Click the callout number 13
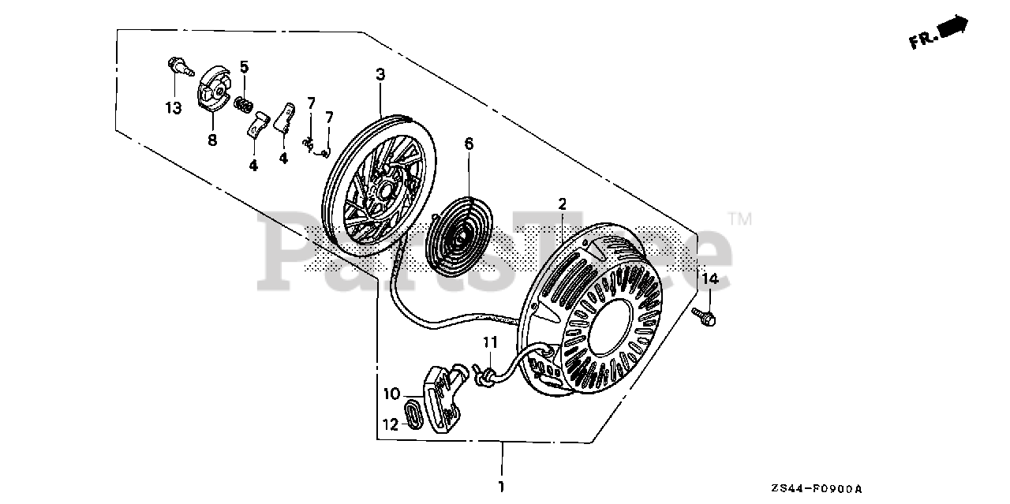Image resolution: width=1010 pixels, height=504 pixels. [x=173, y=107]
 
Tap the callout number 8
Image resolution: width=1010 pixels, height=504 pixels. [x=211, y=140]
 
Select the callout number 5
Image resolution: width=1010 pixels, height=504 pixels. [x=245, y=67]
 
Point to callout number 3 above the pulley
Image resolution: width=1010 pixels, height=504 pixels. [x=380, y=75]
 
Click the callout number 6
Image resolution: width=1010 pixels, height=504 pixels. [x=469, y=144]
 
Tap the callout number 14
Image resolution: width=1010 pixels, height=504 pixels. [x=710, y=278]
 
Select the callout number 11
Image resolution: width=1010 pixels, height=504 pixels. [x=490, y=342]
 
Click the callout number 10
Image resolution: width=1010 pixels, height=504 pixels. [x=392, y=394]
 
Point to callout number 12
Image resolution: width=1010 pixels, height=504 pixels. [x=391, y=424]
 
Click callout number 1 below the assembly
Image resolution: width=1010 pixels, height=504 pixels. [x=500, y=486]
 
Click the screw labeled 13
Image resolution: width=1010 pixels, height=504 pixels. [x=181, y=69]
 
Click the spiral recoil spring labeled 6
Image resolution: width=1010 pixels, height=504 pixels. [x=455, y=229]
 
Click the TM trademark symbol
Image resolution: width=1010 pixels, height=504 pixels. [x=739, y=219]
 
